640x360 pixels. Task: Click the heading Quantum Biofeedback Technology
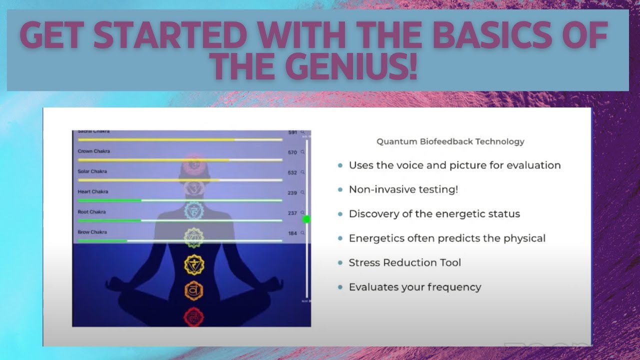450,141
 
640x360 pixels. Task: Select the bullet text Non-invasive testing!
403,189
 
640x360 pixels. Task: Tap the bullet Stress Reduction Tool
404,262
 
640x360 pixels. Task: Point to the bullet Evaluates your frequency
414,287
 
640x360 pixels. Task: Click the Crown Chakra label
93,151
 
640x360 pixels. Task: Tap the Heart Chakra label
92,191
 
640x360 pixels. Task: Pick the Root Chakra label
91,212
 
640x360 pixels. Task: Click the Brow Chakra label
92,232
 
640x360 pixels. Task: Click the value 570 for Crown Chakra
292,152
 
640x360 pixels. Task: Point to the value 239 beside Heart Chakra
292,193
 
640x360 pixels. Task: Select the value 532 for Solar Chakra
292,173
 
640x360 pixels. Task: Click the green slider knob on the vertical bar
306,219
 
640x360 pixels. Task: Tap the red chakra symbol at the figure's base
193,316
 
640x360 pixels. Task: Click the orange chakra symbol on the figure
193,290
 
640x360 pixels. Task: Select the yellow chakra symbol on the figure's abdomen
193,264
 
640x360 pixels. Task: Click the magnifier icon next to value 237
302,213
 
